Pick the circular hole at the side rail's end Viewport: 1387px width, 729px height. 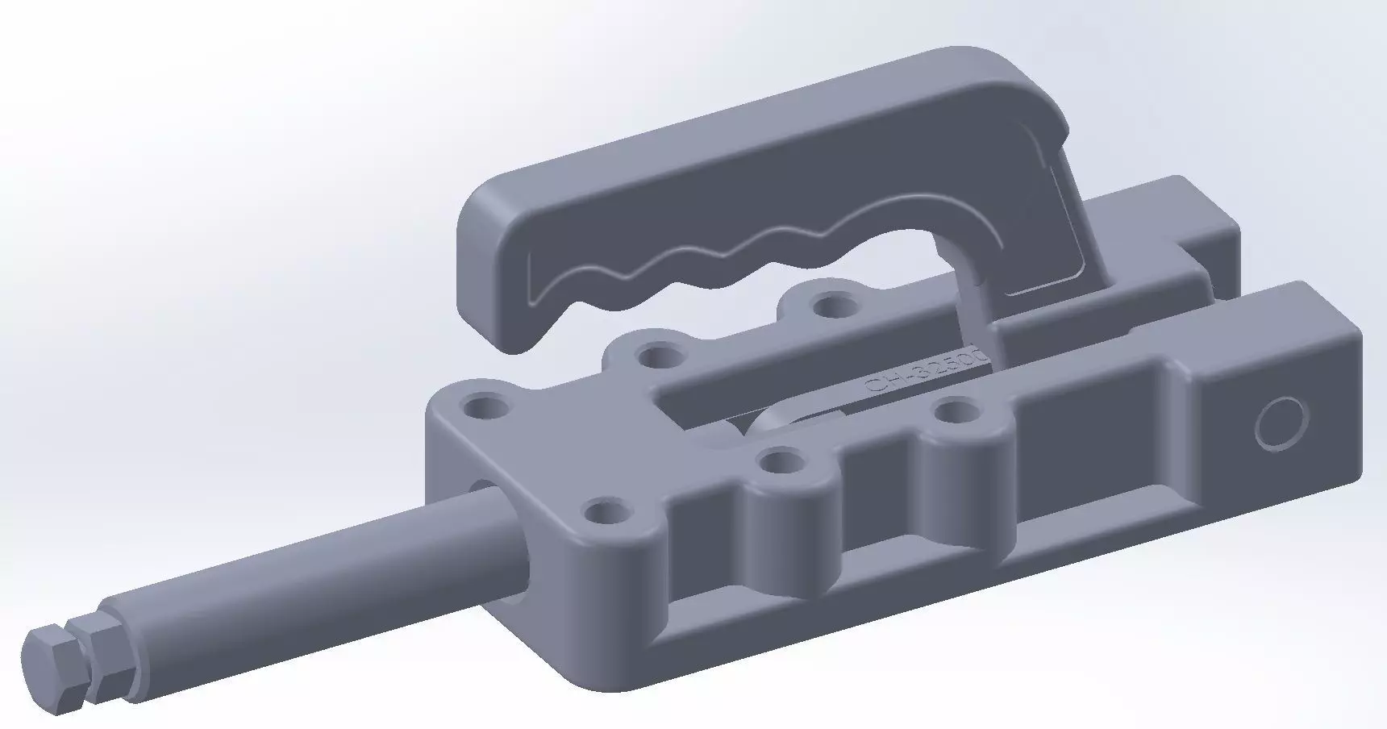pos(1281,423)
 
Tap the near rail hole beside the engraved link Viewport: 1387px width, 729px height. pos(955,412)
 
